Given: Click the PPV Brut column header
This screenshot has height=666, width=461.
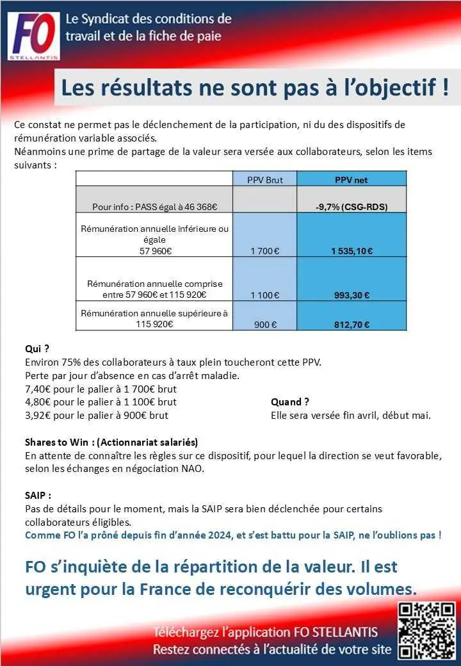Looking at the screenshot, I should tap(264, 180).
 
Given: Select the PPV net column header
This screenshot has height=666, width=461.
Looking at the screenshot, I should tap(352, 180).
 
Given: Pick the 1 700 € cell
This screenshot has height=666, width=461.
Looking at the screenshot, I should tap(264, 251).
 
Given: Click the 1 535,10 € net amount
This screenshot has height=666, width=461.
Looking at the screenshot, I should tap(352, 251).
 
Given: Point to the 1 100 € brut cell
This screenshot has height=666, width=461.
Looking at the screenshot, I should tap(264, 295).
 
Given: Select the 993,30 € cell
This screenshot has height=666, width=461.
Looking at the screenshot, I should tap(352, 295).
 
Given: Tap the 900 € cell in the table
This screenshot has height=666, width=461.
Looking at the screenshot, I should tap(264, 325).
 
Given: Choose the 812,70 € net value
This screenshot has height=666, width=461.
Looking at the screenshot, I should tap(352, 325).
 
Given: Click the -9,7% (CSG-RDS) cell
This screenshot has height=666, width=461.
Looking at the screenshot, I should tap(352, 207).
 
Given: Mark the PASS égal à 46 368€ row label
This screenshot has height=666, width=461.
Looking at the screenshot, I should tap(155, 207).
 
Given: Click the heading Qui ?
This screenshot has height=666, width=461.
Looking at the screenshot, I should tap(37, 349).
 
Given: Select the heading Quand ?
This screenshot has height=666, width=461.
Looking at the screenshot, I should tap(290, 402).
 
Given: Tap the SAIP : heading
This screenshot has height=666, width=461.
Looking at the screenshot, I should tap(38, 495).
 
